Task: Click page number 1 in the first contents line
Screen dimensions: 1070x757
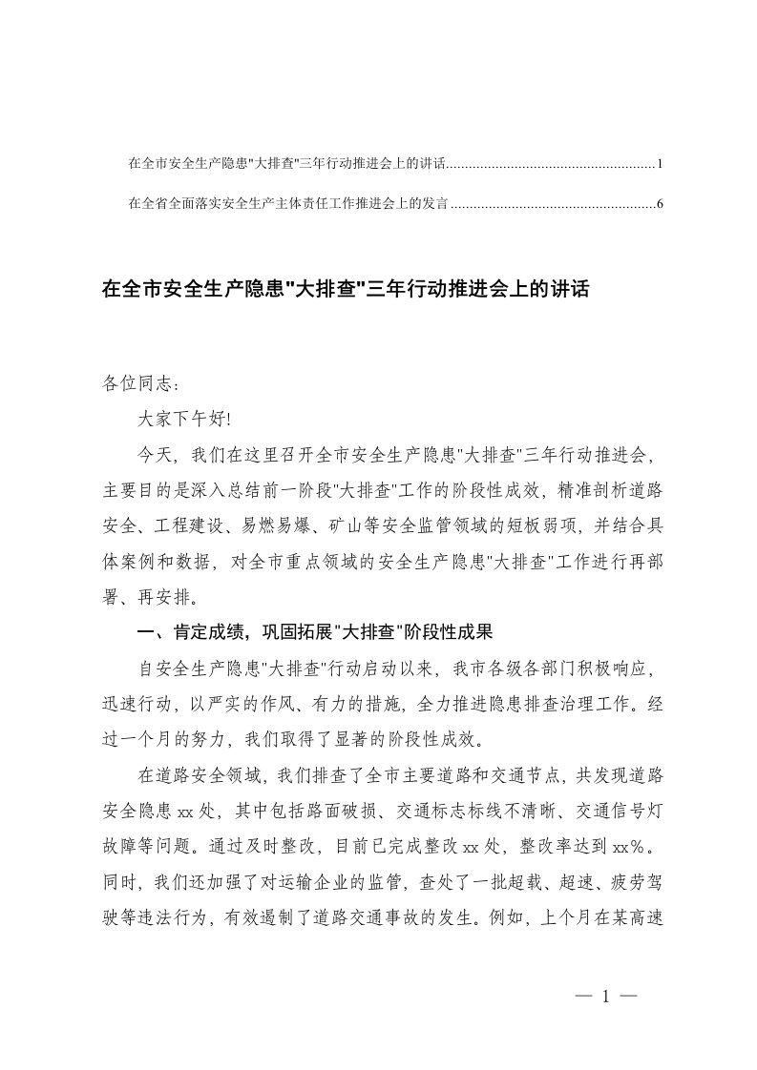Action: click(x=660, y=165)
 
